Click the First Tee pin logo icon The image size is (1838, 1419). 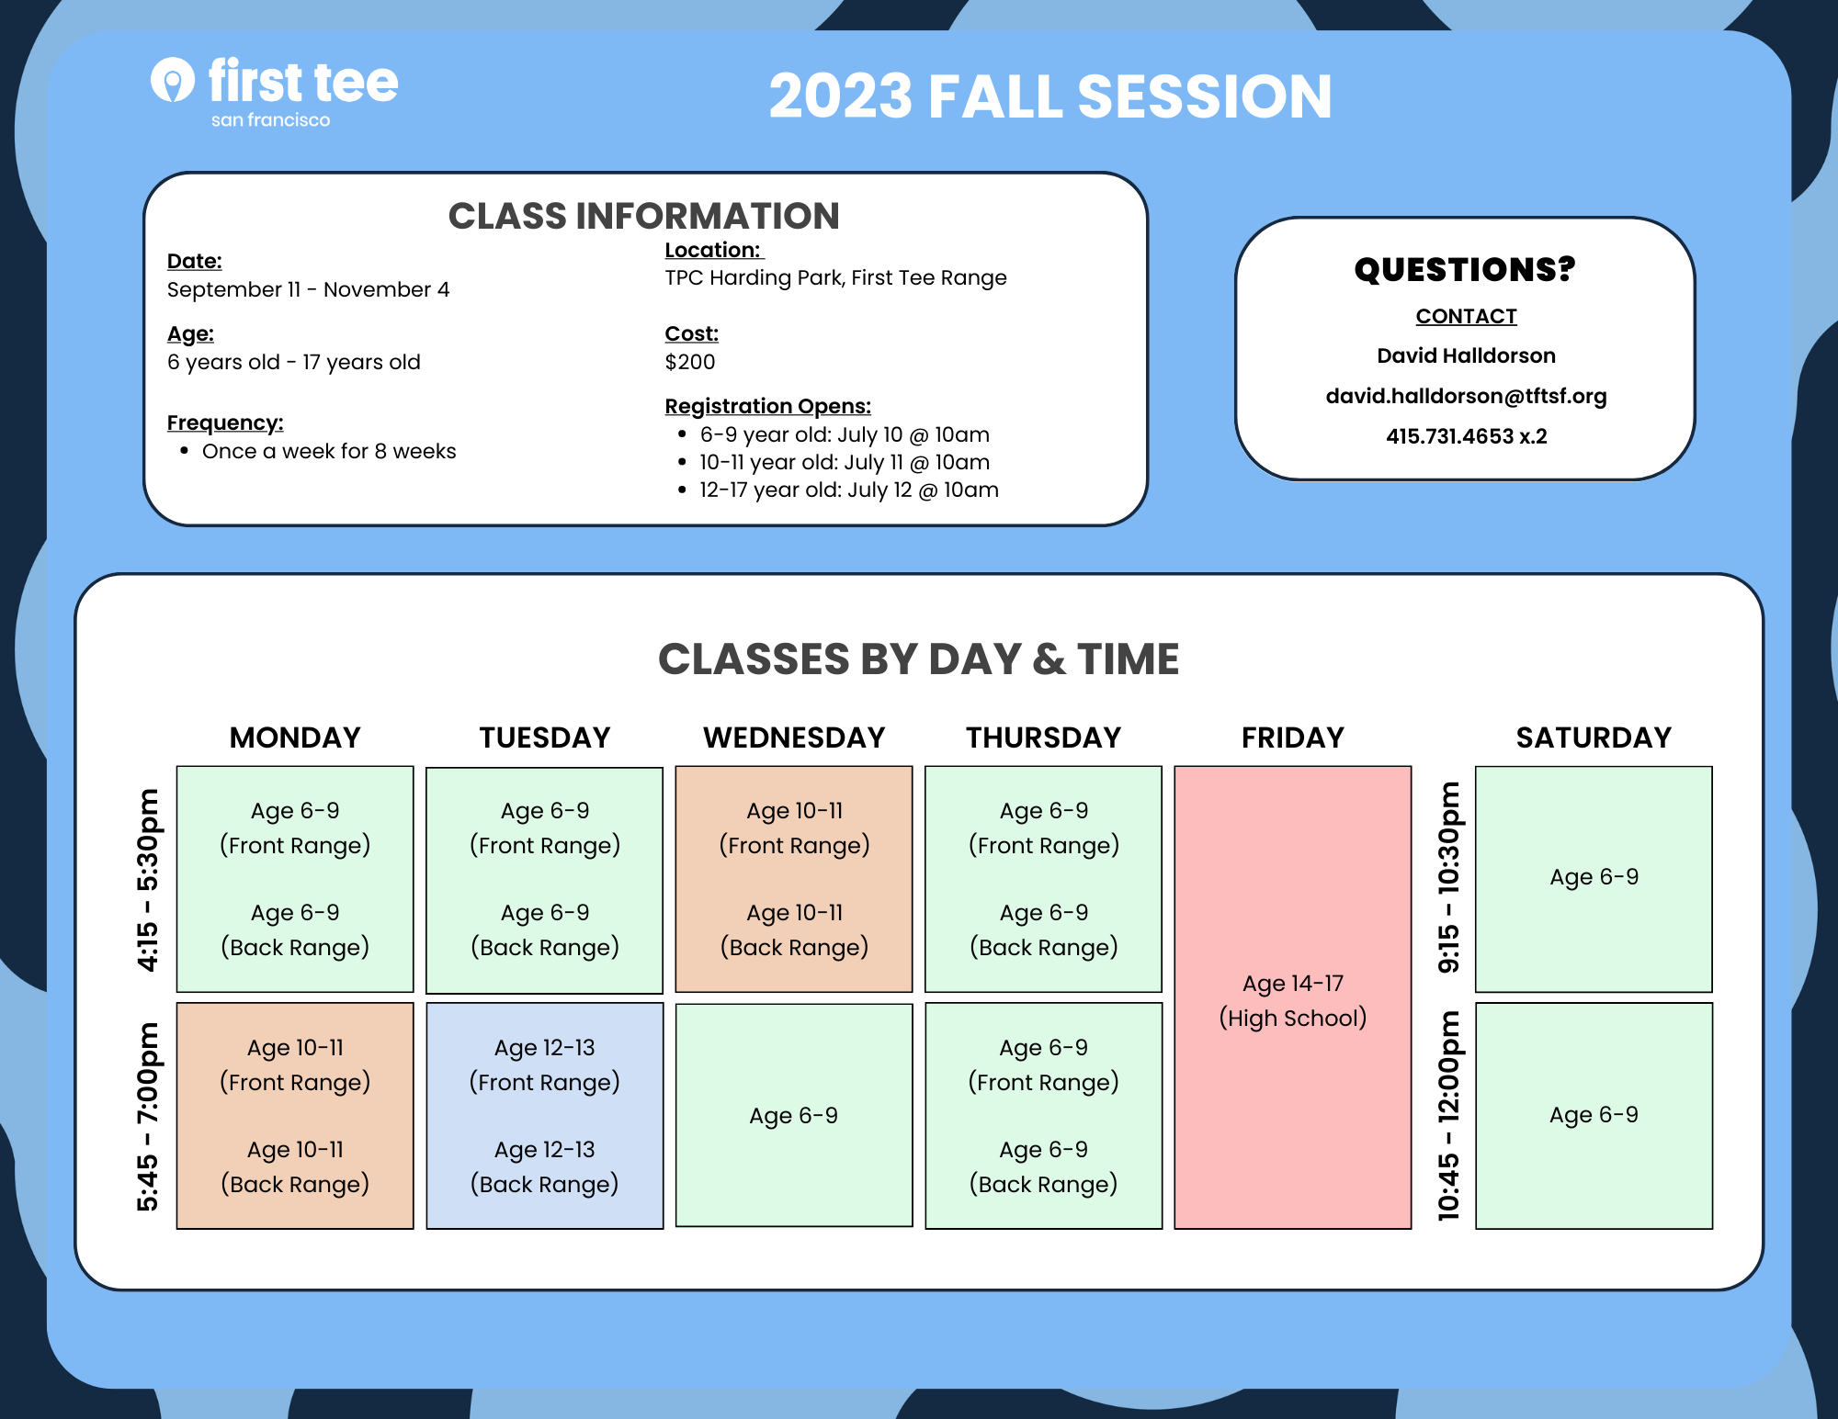(x=172, y=80)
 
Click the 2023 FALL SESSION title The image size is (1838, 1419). (x=1050, y=96)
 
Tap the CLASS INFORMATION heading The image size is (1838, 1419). (x=643, y=216)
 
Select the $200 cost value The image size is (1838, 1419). (x=690, y=362)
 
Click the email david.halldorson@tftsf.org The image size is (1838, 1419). (x=1466, y=396)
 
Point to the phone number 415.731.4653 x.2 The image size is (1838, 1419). (x=1466, y=436)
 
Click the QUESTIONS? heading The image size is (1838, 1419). (x=1465, y=269)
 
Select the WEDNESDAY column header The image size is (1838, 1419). (x=794, y=738)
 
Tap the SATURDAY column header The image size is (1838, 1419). (x=1594, y=738)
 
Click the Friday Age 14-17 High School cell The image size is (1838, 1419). (x=1293, y=997)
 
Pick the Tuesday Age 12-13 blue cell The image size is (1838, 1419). (x=545, y=1116)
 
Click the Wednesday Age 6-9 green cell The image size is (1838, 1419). (x=794, y=1115)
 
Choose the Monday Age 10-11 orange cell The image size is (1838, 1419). (x=295, y=1116)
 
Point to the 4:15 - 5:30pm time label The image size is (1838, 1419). (x=147, y=879)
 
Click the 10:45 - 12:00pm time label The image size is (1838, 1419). (x=1448, y=1116)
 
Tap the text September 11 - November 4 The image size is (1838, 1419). (x=308, y=289)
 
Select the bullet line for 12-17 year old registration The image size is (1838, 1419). (x=838, y=490)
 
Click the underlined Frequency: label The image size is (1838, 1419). (x=225, y=422)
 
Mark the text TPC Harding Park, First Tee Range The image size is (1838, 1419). (x=835, y=277)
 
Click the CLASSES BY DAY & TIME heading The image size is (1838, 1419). (x=919, y=659)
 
